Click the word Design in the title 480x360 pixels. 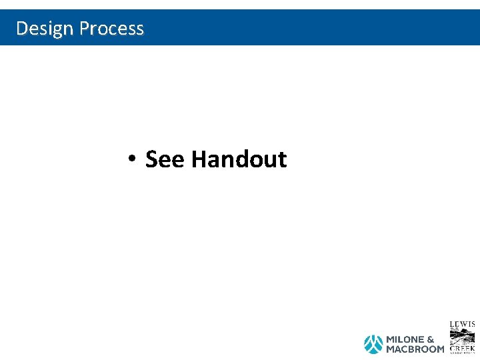45,28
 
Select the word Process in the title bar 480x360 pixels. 111,28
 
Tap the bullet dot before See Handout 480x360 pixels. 133,159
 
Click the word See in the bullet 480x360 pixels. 165,159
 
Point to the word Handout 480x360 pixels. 239,159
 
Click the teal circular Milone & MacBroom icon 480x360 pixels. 373,344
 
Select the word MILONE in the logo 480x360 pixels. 404,340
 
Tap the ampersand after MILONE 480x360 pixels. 430,340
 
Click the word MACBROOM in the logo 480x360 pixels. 415,349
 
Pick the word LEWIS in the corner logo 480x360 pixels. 462,325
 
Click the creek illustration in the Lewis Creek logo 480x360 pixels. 462,336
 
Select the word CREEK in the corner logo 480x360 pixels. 462,348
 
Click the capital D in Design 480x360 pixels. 21,28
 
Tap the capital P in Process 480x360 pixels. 84,28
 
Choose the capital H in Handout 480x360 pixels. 198,159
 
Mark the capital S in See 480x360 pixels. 151,159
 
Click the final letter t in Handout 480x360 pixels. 282,160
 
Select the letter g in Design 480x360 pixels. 55,29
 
